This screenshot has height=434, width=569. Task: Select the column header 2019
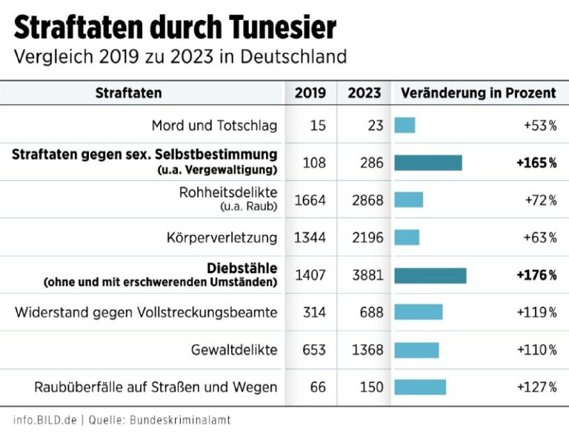pos(310,93)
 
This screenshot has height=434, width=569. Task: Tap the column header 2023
pos(364,93)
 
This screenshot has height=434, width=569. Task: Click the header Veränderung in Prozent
pos(478,93)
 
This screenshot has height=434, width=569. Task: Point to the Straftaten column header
pos(128,93)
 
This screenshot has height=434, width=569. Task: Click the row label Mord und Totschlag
pos(214,125)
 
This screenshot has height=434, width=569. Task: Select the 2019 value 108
pos(314,162)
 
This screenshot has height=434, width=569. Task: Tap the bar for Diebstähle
pos(430,276)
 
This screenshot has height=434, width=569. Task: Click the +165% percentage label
pos(536,162)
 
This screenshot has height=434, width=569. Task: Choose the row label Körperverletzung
pos(222,238)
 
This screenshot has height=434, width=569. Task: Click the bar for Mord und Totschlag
pos(405,125)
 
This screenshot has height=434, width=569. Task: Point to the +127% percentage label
pos(537,387)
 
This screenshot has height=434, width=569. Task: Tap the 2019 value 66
pos(318,387)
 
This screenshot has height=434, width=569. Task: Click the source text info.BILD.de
pos(45,420)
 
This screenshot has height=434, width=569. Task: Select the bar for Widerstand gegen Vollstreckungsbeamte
pos(418,313)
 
